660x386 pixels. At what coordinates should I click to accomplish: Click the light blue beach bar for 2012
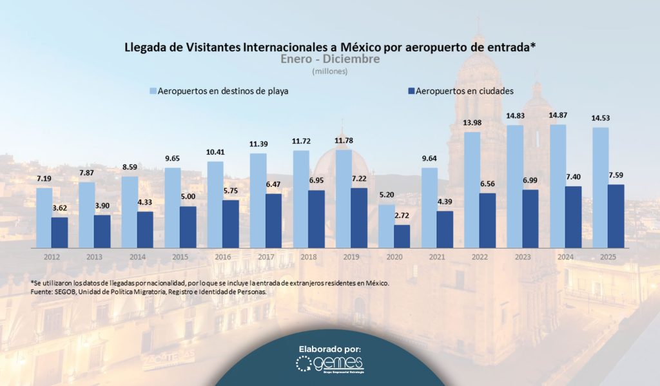[x=44, y=217]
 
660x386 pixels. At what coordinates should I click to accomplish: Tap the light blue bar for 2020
[x=386, y=226]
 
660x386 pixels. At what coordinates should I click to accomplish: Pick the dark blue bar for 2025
[x=616, y=216]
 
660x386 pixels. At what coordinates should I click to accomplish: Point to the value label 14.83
[x=516, y=115]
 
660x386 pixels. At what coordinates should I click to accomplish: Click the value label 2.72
[x=401, y=215]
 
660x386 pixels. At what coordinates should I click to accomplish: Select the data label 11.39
[x=258, y=143]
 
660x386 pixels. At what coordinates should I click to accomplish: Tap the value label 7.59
[x=616, y=175]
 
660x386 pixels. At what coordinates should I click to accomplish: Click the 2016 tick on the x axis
[x=223, y=256]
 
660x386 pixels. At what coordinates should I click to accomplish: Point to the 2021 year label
[x=437, y=256]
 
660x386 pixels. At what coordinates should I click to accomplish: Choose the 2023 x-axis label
[x=523, y=256]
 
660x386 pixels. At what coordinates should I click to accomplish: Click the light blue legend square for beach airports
[x=153, y=91]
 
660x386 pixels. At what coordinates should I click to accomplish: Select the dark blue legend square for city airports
[x=410, y=91]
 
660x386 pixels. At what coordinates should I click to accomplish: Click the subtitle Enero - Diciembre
[x=330, y=59]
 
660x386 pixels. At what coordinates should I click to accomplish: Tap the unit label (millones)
[x=330, y=72]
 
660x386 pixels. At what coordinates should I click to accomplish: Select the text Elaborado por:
[x=329, y=348]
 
